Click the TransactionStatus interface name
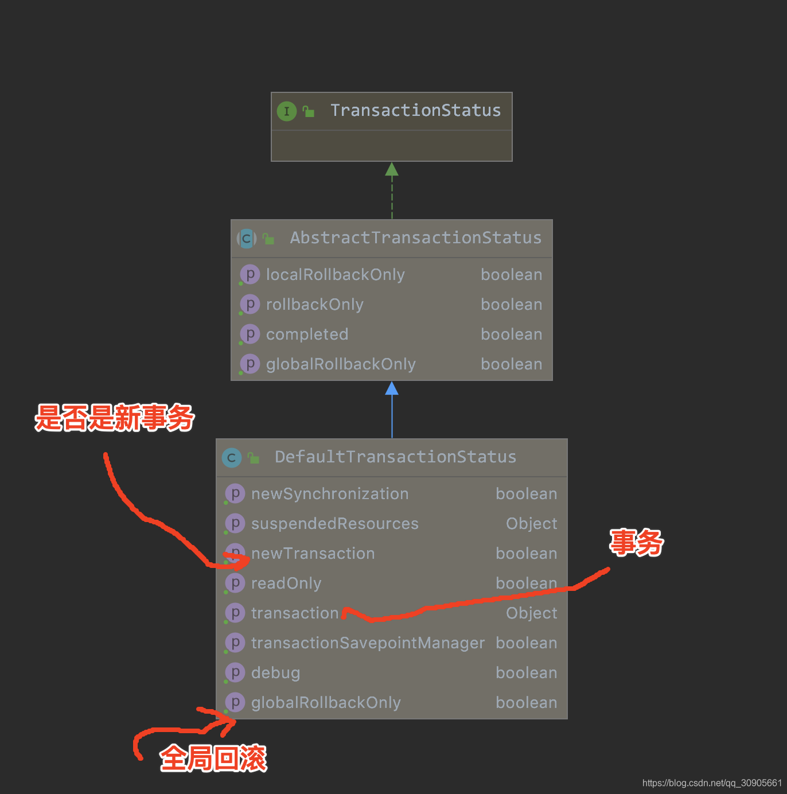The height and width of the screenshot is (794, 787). click(415, 110)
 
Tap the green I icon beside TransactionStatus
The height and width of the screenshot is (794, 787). click(287, 111)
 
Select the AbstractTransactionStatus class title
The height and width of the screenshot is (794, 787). click(415, 238)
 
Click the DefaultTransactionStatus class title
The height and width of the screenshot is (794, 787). click(395, 457)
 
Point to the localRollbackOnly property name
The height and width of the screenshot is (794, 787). click(335, 275)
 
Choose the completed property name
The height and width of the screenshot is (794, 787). click(307, 334)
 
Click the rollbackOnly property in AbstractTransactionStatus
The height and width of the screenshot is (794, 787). click(314, 305)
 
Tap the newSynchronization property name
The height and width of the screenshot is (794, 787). click(330, 494)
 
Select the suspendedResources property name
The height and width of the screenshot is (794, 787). click(334, 524)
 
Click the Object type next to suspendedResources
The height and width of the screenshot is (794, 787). click(531, 524)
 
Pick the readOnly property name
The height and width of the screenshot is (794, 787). click(286, 583)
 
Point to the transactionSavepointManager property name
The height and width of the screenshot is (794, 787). click(368, 643)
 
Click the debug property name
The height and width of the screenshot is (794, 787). click(275, 673)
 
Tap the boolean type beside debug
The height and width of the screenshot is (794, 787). click(526, 673)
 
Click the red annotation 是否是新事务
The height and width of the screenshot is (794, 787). click(115, 418)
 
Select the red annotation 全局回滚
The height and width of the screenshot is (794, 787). click(213, 758)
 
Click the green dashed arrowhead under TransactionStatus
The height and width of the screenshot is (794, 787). click(392, 169)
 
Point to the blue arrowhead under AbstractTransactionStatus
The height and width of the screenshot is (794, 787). click(392, 388)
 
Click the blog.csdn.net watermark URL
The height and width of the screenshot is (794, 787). click(712, 783)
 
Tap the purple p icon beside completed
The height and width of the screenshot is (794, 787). click(250, 334)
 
